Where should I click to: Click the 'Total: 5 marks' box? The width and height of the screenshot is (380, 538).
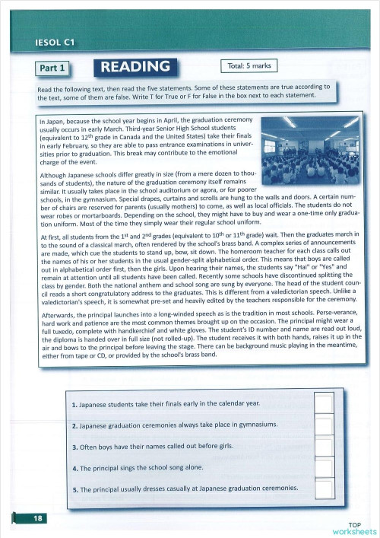tap(247, 66)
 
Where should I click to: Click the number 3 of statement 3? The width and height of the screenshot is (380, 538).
tap(74, 447)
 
